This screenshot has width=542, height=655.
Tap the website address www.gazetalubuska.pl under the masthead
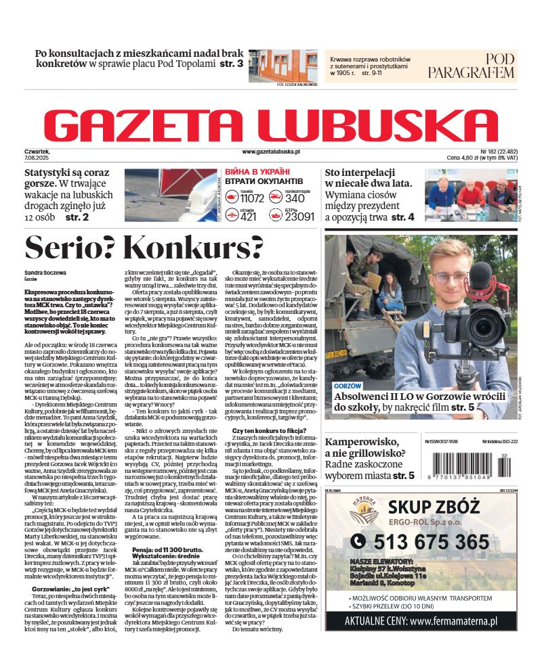(270, 153)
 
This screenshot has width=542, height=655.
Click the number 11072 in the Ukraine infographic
(251, 199)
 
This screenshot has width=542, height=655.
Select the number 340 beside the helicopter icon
(295, 199)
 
